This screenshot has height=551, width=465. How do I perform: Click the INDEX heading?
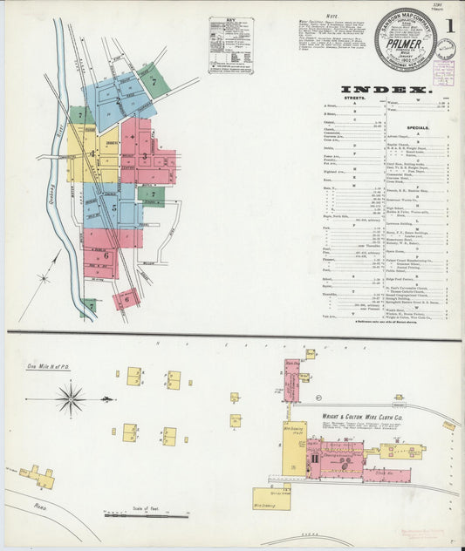pyautogui.click(x=385, y=90)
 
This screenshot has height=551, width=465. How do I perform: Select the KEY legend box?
pyautogui.click(x=230, y=44)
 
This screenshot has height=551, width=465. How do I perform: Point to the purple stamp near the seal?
pyautogui.click(x=444, y=73)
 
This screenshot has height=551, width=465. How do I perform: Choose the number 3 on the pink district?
pyautogui.click(x=144, y=156)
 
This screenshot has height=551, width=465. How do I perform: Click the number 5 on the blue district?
pyautogui.click(x=113, y=208)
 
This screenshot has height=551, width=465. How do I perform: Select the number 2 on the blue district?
pyautogui.click(x=119, y=100)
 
